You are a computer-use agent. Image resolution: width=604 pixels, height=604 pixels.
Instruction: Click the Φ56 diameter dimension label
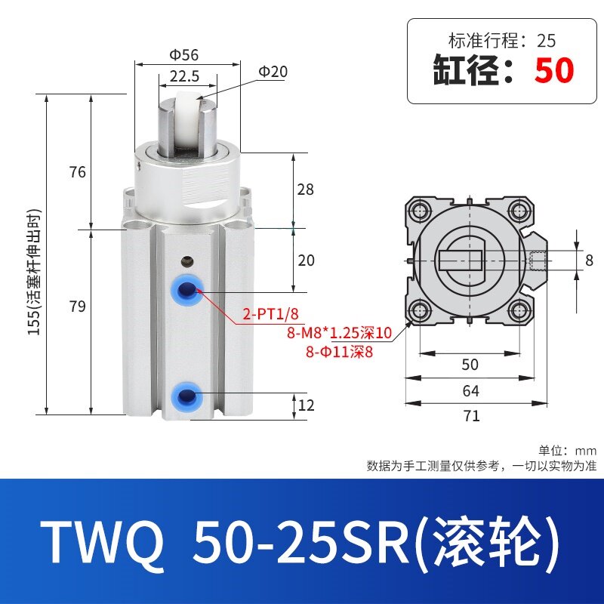[184, 54]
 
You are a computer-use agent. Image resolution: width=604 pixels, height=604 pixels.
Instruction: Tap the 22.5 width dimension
[184, 76]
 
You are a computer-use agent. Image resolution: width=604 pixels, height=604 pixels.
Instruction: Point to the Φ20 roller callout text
[273, 72]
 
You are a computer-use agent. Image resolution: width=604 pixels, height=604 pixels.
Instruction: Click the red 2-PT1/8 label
[270, 314]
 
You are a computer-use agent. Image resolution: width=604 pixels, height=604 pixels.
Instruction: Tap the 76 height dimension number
[78, 172]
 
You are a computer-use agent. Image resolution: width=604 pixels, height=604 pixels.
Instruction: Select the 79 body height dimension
[78, 307]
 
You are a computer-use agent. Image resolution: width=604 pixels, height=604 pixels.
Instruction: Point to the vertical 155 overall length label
[34, 272]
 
